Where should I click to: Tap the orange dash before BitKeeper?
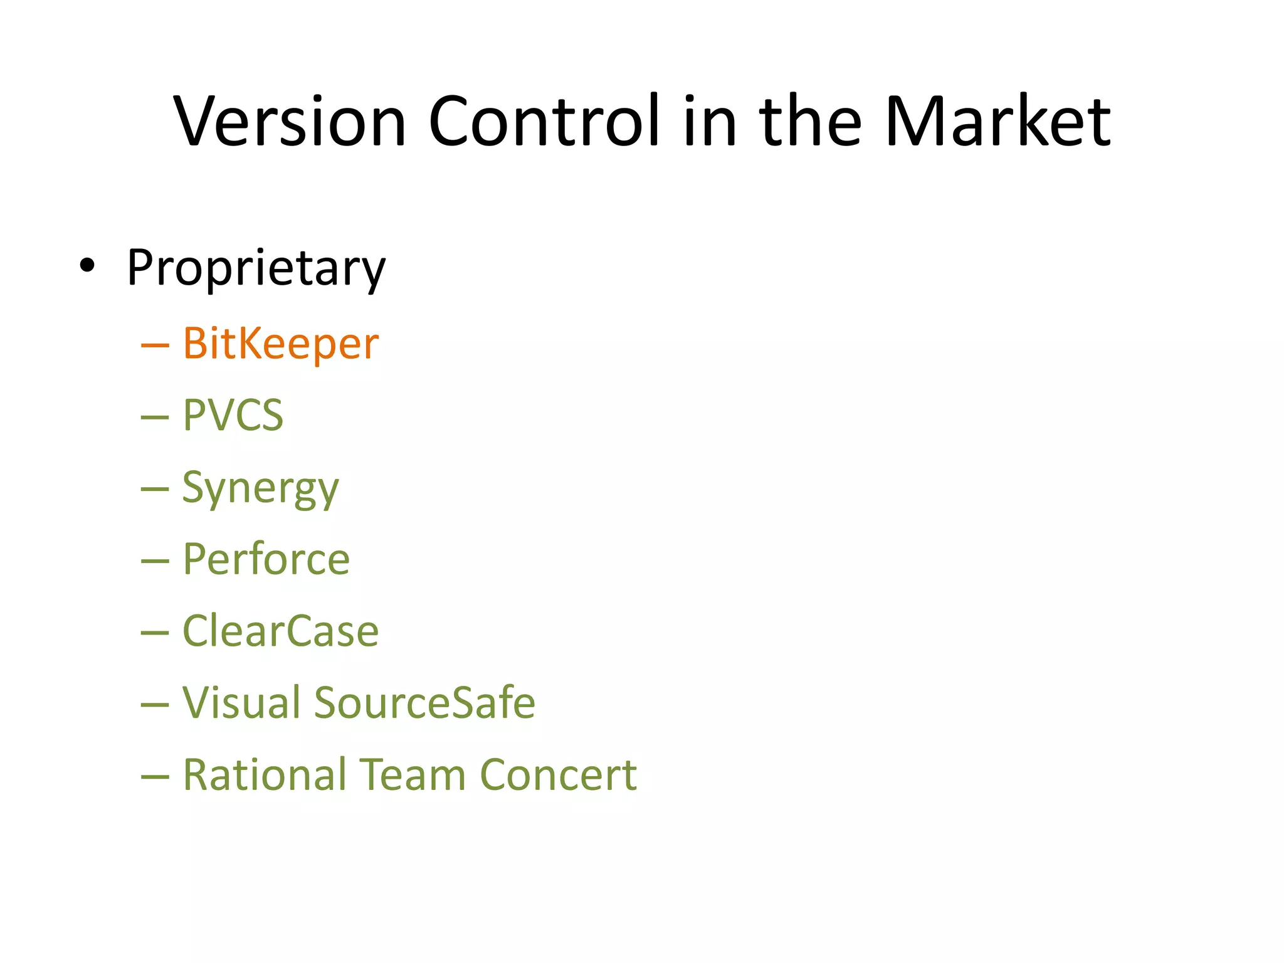pos(155,345)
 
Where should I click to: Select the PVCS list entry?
pos(233,415)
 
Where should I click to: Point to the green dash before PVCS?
pos(155,417)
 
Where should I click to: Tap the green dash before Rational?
pos(155,777)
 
